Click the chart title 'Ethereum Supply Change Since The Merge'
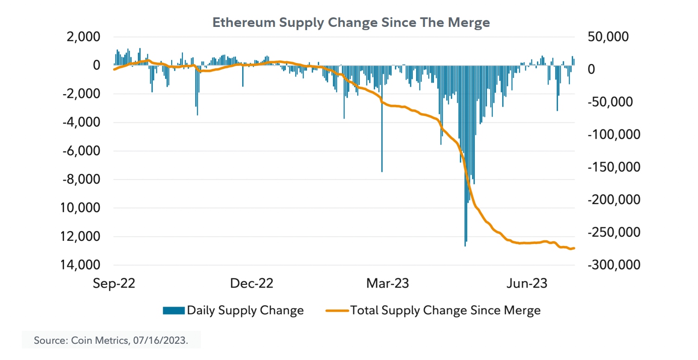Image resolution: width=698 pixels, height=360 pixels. click(351, 22)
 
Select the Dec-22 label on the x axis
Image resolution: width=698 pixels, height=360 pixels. click(252, 283)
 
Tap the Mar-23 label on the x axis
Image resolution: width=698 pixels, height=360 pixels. click(388, 283)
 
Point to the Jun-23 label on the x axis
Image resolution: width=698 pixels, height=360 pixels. click(526, 283)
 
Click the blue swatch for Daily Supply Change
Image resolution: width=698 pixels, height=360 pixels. click(174, 310)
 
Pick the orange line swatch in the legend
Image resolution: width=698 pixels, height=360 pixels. click(337, 310)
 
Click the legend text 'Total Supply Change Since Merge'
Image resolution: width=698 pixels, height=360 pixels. click(446, 310)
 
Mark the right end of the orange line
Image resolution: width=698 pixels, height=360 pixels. click(574, 248)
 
